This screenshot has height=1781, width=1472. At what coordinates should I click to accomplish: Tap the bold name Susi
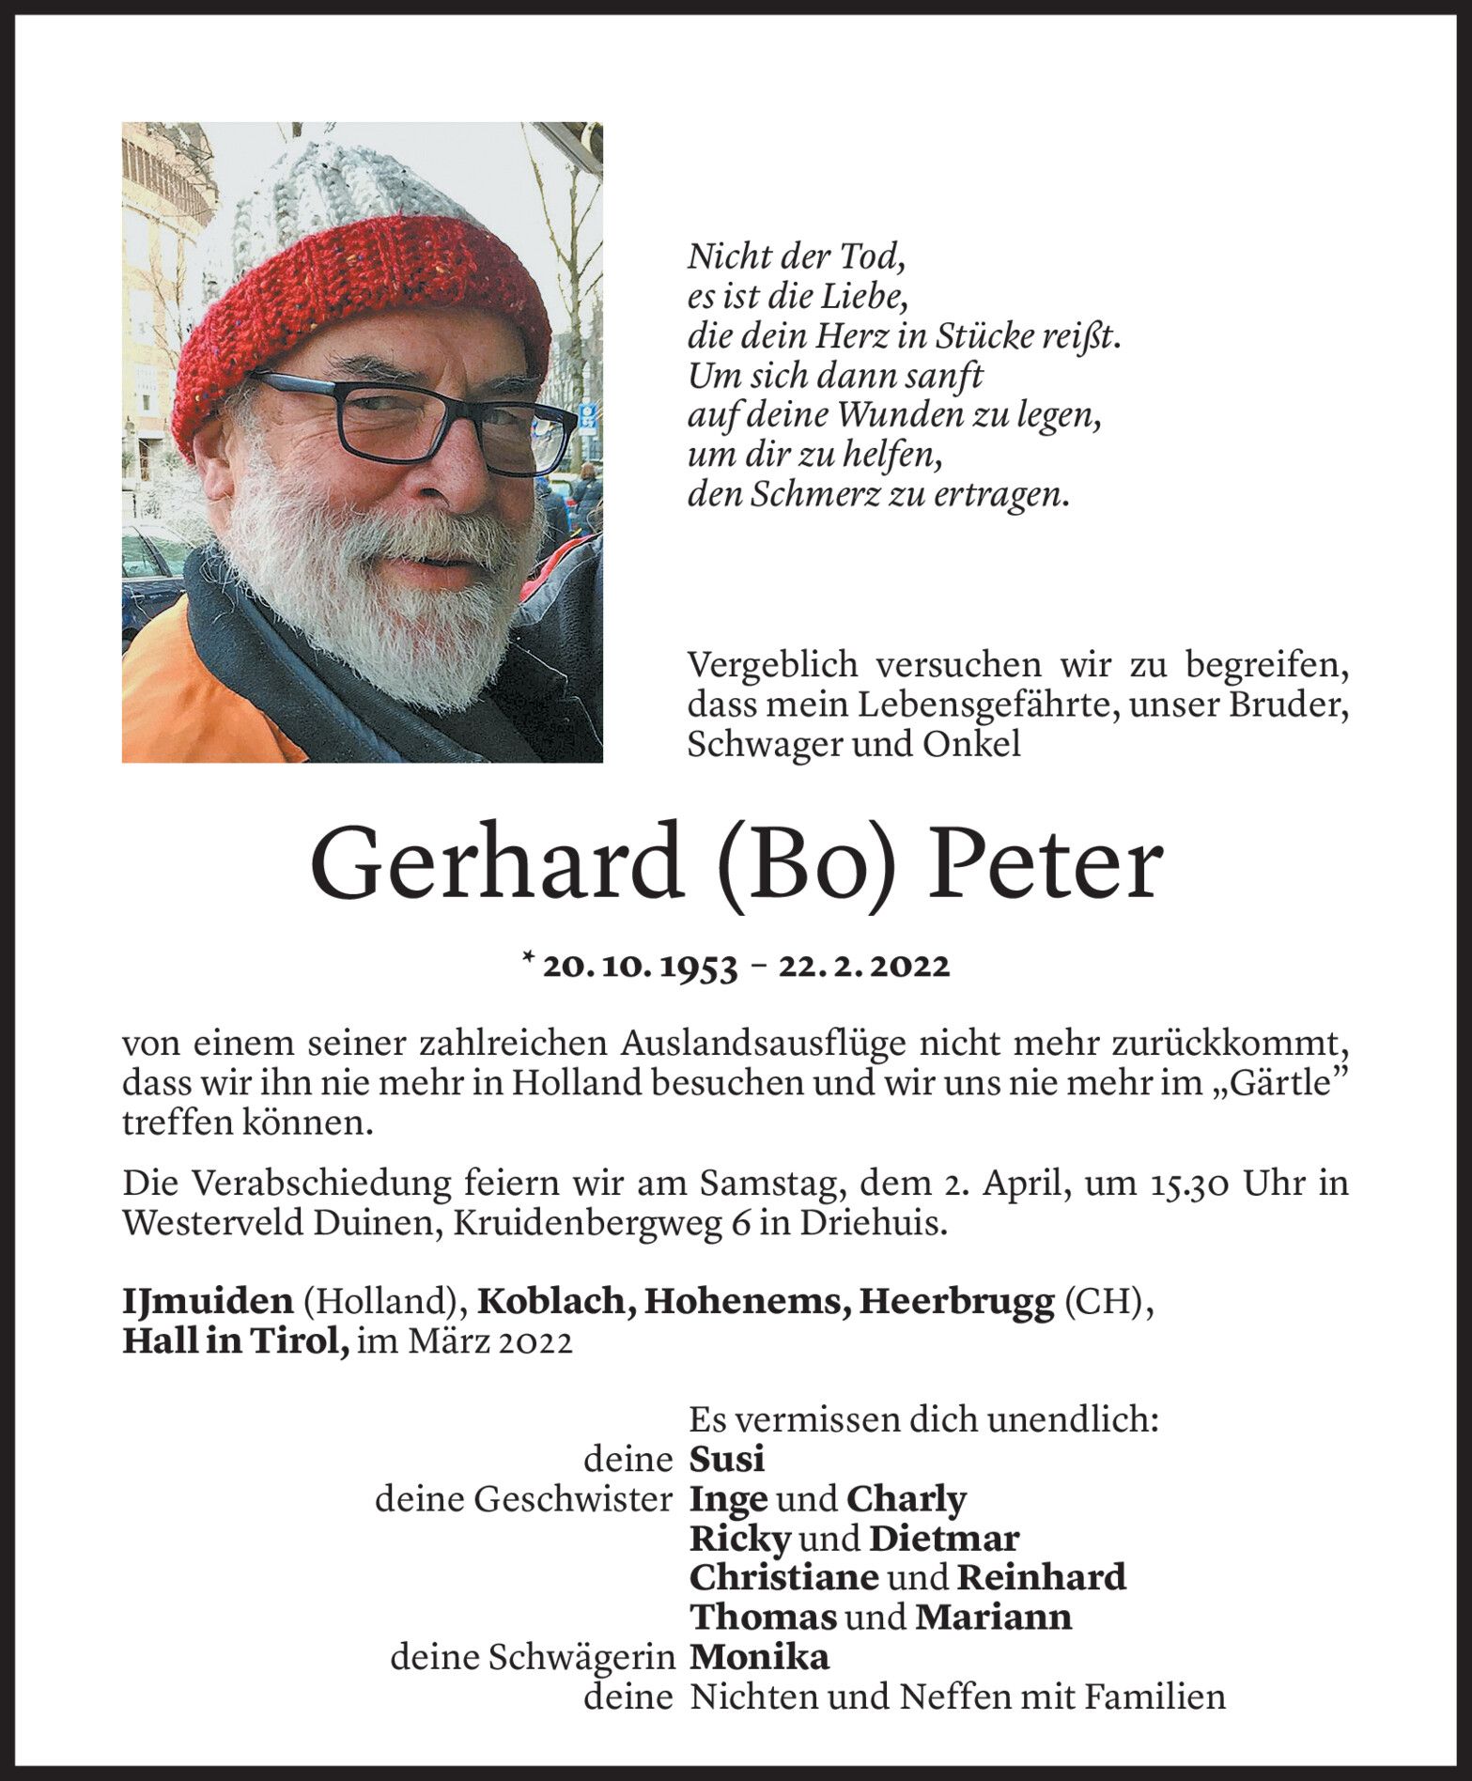click(726, 1459)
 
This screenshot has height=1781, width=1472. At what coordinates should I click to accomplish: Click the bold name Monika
click(759, 1658)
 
